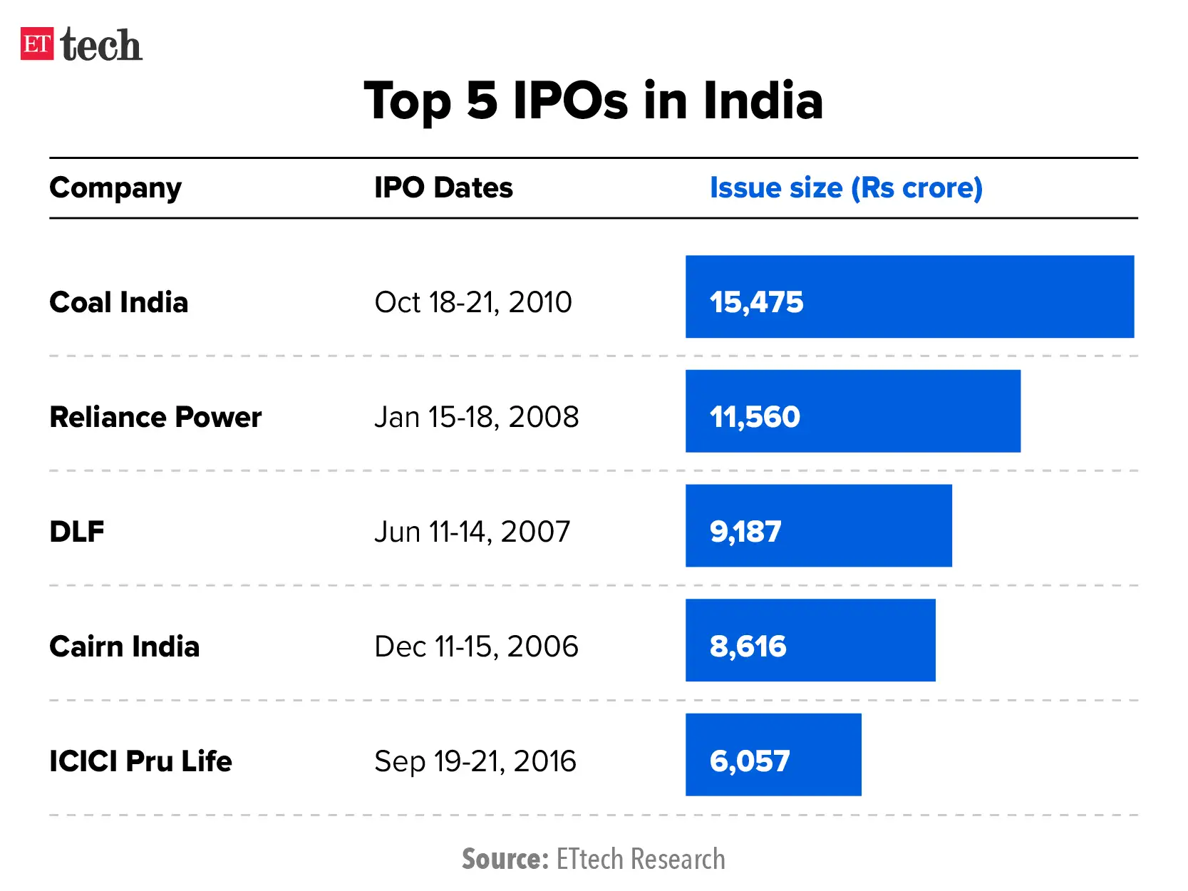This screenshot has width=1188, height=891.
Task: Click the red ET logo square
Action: point(36,44)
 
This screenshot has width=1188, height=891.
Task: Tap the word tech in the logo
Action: point(101,46)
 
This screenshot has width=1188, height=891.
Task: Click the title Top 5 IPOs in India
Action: point(593,101)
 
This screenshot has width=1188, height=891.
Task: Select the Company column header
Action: point(115,188)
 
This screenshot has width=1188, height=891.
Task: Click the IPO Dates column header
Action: point(443,188)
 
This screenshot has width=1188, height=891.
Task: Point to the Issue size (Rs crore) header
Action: point(846,188)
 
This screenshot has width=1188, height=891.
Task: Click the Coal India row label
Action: point(119,302)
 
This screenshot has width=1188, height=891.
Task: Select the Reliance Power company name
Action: point(155,417)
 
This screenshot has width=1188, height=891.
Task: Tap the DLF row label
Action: point(77,532)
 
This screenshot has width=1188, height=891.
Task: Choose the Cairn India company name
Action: point(125,647)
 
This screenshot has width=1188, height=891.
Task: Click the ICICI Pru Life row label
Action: point(140,761)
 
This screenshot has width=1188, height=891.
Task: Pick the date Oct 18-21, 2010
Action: point(473,302)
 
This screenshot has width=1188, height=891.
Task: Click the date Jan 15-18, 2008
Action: point(476,417)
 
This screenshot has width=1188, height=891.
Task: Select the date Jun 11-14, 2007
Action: point(472,532)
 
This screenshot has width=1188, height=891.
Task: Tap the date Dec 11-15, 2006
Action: point(476,647)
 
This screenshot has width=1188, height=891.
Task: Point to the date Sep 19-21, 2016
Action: point(475,761)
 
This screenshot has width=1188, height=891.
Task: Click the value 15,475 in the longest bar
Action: point(756,302)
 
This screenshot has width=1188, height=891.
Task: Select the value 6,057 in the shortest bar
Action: point(750,761)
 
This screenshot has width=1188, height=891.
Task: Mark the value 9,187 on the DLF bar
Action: point(745,532)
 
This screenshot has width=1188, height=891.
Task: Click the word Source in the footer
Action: point(504,859)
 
